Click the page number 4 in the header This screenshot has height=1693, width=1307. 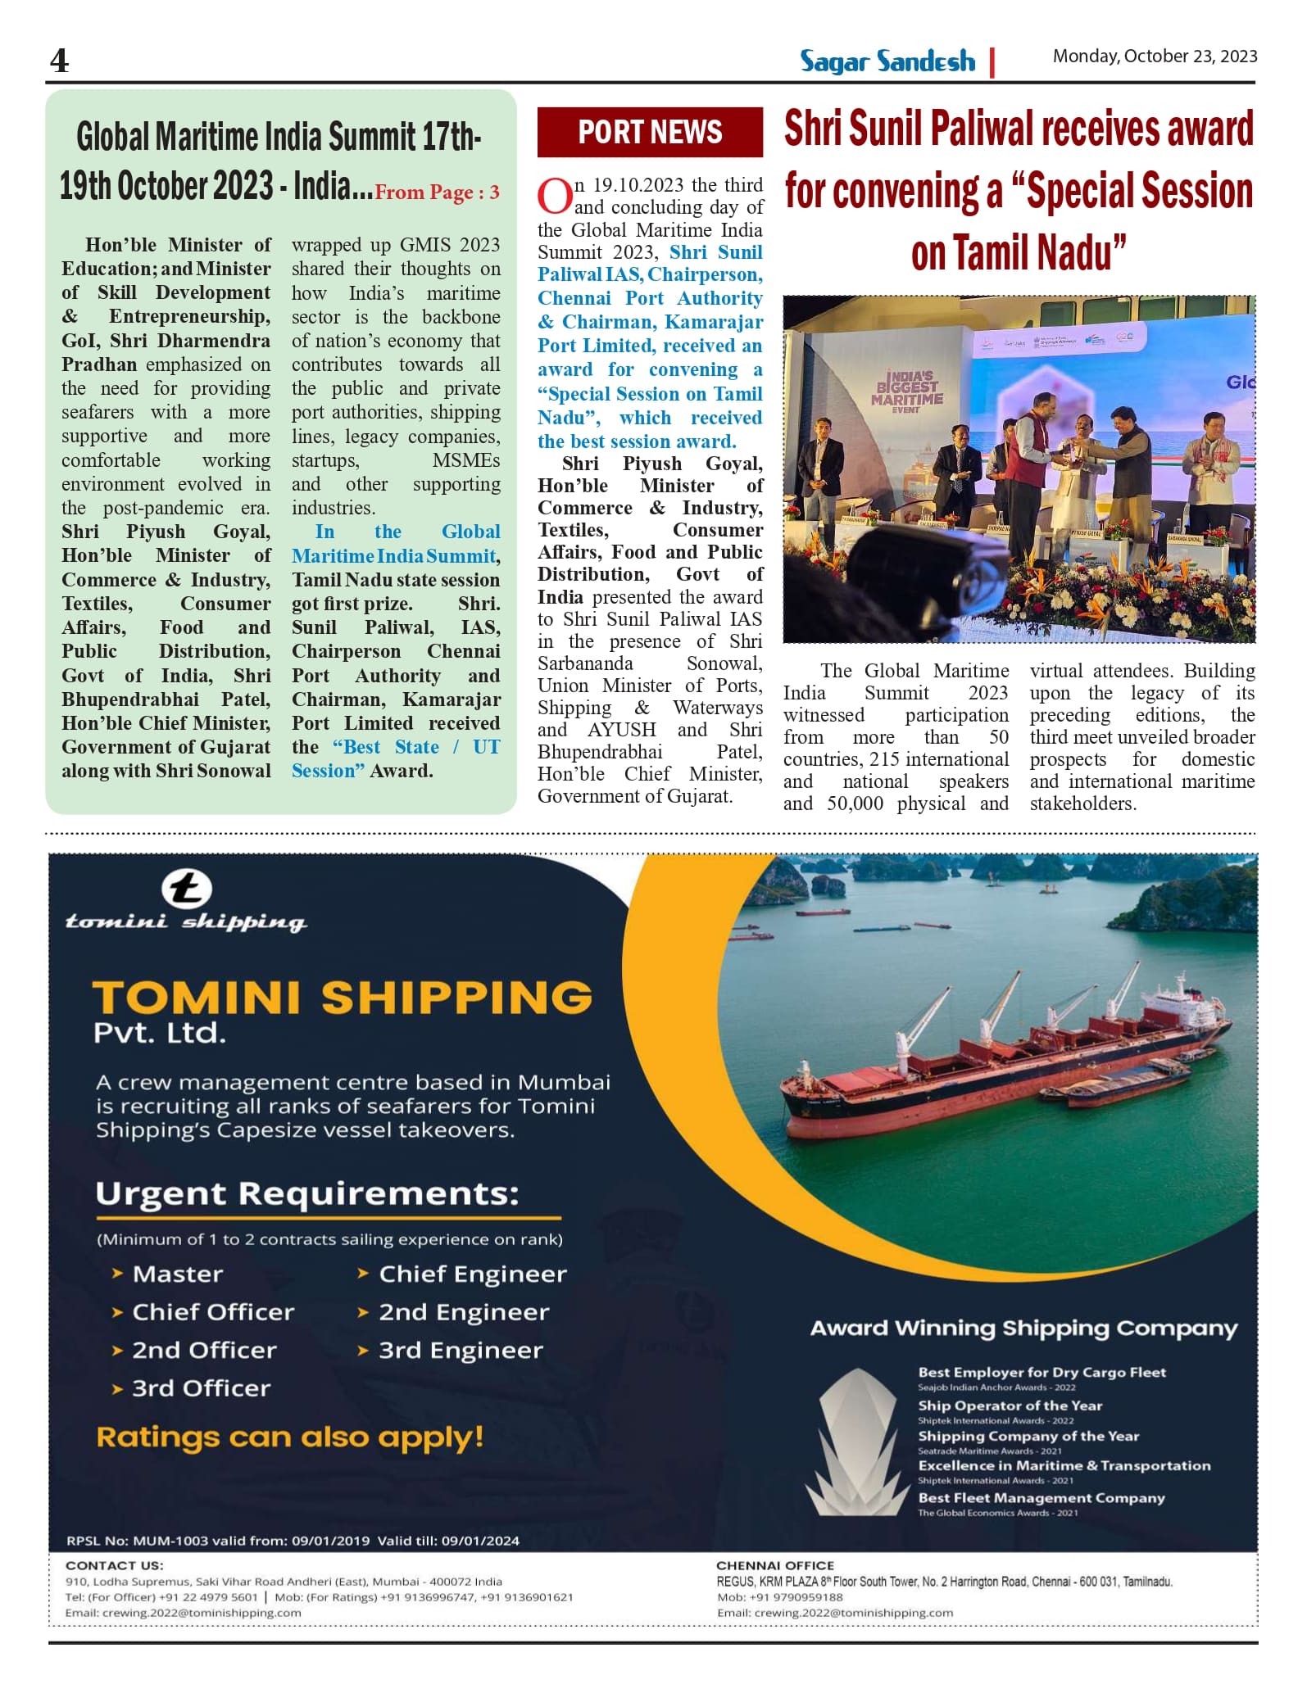pyautogui.click(x=60, y=61)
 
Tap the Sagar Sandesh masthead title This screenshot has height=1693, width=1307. pyautogui.click(x=887, y=62)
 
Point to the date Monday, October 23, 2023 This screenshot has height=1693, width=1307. pyautogui.click(x=1155, y=57)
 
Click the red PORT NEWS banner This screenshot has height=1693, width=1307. pyautogui.click(x=650, y=132)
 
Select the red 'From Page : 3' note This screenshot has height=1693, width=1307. pyautogui.click(x=437, y=192)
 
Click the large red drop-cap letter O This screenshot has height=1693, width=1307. pyautogui.click(x=554, y=197)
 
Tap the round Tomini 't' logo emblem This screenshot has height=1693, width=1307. pyautogui.click(x=186, y=890)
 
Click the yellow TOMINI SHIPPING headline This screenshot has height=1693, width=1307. pyautogui.click(x=343, y=998)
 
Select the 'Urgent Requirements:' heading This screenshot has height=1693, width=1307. pyautogui.click(x=307, y=1193)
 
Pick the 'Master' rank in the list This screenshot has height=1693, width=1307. pyautogui.click(x=177, y=1274)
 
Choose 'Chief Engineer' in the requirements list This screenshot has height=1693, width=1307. pyautogui.click(x=472, y=1274)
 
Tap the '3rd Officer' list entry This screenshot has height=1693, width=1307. pyautogui.click(x=201, y=1388)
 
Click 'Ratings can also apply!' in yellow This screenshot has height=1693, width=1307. pyautogui.click(x=290, y=1437)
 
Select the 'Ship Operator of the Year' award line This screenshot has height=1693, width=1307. pyautogui.click(x=1010, y=1406)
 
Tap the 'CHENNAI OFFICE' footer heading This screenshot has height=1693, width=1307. pyautogui.click(x=775, y=1565)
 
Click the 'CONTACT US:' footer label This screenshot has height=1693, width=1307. pyautogui.click(x=115, y=1565)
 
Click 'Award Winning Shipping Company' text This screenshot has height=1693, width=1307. pyautogui.click(x=1023, y=1329)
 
